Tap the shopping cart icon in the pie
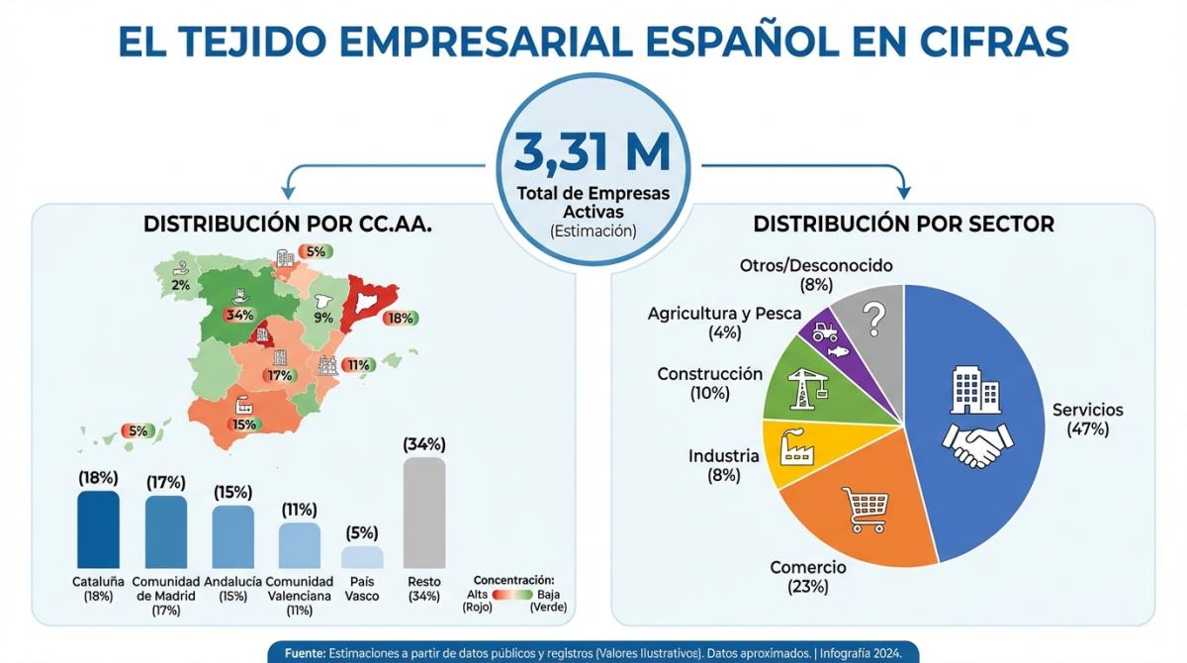[861, 509]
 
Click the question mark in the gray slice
[872, 320]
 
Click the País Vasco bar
[362, 557]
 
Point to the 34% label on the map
[240, 315]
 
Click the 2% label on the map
[180, 285]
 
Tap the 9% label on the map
[323, 318]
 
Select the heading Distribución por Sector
[903, 225]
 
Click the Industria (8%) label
[723, 465]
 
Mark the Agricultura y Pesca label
[724, 323]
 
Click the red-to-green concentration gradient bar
[512, 594]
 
